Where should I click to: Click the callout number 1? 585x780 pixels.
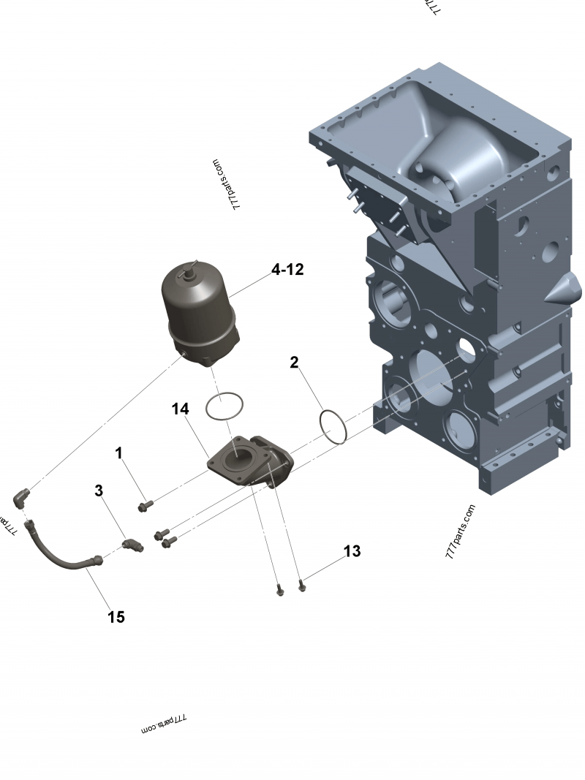[118, 454]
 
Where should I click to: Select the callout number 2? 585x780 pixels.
[294, 362]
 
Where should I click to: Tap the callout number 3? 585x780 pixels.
[99, 491]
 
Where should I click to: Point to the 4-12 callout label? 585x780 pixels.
[287, 270]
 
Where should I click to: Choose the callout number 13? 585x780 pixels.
[352, 551]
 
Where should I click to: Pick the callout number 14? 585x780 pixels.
[181, 409]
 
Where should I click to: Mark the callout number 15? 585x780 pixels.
[116, 617]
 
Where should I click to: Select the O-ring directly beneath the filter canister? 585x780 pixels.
[224, 406]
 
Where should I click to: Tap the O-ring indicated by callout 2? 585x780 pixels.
[333, 426]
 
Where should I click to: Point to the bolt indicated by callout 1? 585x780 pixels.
[145, 504]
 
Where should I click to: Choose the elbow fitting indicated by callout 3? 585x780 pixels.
[132, 545]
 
